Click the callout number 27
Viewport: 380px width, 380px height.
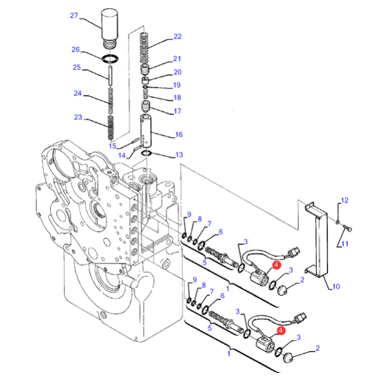pos(74,15)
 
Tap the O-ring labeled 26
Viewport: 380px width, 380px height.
pos(110,59)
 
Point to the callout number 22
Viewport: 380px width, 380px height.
pos(177,36)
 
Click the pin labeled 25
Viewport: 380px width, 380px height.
pos(110,75)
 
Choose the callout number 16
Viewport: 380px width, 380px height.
pos(179,135)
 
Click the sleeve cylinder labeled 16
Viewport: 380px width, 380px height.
pos(146,131)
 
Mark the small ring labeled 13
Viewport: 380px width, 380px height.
pos(146,153)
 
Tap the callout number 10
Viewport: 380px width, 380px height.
pos(336,287)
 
